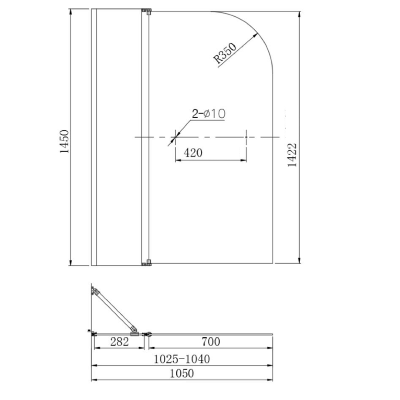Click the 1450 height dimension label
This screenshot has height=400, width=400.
[65, 141]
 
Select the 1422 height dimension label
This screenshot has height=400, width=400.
[292, 155]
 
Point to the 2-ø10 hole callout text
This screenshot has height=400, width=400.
[208, 114]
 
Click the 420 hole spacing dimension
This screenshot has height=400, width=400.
[193, 153]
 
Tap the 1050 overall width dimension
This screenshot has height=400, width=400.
[182, 373]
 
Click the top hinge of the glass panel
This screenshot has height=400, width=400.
[147, 11]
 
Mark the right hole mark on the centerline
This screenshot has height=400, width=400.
[246, 137]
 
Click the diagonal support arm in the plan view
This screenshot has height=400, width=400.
[114, 311]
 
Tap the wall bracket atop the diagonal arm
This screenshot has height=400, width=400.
[94, 291]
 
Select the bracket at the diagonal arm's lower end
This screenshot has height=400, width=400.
[134, 332]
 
